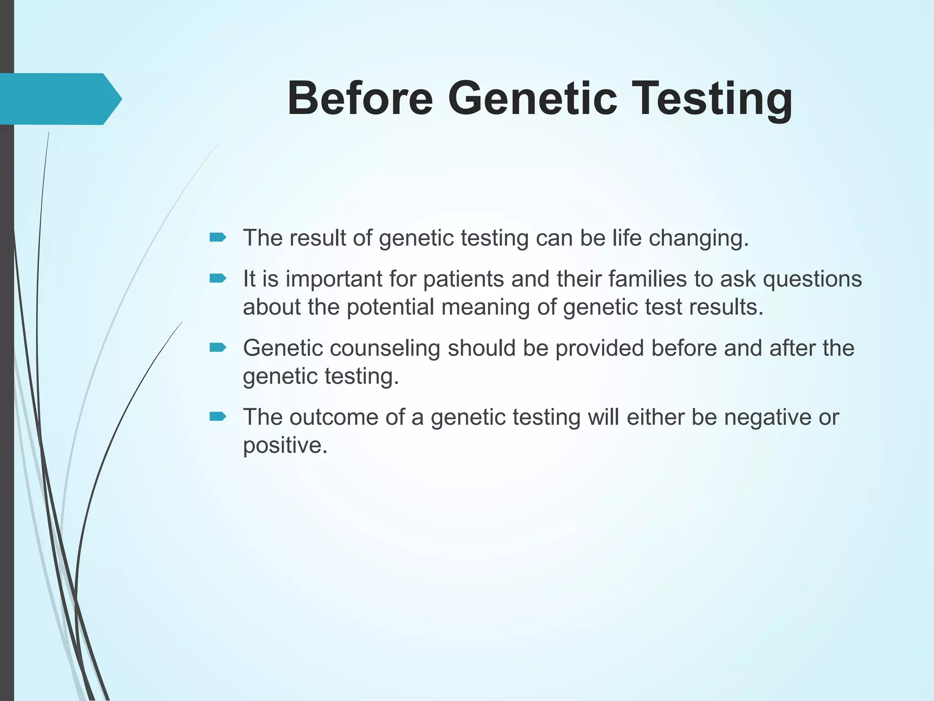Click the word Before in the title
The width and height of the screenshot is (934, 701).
pyautogui.click(x=360, y=99)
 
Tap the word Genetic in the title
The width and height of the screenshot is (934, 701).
pyautogui.click(x=532, y=99)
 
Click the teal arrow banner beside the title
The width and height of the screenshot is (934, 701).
pyautogui.click(x=59, y=99)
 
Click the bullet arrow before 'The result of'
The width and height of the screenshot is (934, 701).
pyautogui.click(x=218, y=237)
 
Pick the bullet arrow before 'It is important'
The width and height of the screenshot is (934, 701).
pyautogui.click(x=218, y=278)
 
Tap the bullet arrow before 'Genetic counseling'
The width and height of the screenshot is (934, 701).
pyautogui.click(x=218, y=348)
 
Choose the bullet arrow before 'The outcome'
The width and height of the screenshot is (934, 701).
pyautogui.click(x=218, y=416)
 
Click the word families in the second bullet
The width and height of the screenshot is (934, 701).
pyautogui.click(x=639, y=278)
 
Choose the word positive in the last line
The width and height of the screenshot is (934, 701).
pyautogui.click(x=285, y=445)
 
